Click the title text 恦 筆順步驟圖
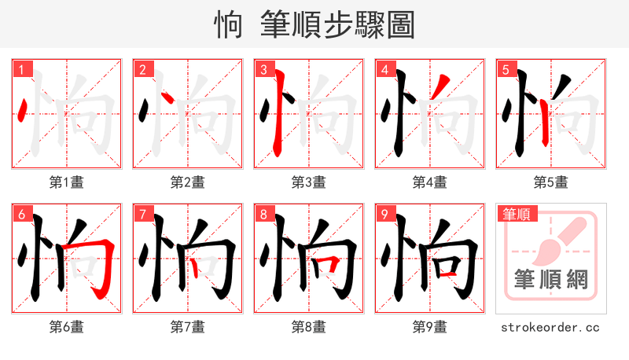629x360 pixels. pyautogui.click(x=314, y=24)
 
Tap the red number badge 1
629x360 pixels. pyautogui.click(x=21, y=69)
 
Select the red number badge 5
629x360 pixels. pyautogui.click(x=506, y=69)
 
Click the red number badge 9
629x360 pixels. pyautogui.click(x=384, y=214)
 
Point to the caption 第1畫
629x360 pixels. pyautogui.click(x=67, y=182)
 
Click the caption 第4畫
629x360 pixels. pyautogui.click(x=430, y=182)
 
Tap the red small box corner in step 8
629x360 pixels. pyautogui.click(x=335, y=262)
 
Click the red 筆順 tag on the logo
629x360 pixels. pyautogui.click(x=515, y=214)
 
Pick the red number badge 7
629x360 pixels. pyautogui.click(x=142, y=214)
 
